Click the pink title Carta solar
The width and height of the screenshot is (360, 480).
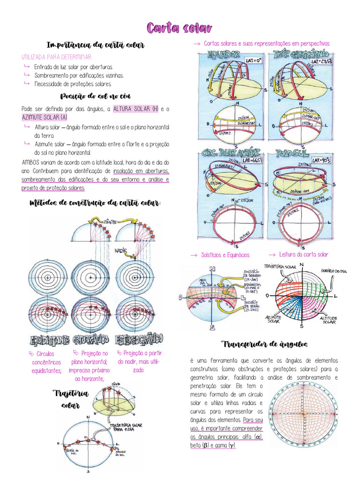[180, 28]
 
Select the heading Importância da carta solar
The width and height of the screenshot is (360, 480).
[95, 45]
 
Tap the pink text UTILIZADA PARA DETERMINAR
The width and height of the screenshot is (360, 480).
[57, 57]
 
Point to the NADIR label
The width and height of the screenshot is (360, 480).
[121, 251]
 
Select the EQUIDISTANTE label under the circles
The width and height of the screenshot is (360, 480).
[49, 339]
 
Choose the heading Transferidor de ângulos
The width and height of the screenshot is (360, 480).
[265, 345]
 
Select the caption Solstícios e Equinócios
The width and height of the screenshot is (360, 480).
[225, 255]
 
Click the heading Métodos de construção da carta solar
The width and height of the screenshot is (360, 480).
[95, 203]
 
